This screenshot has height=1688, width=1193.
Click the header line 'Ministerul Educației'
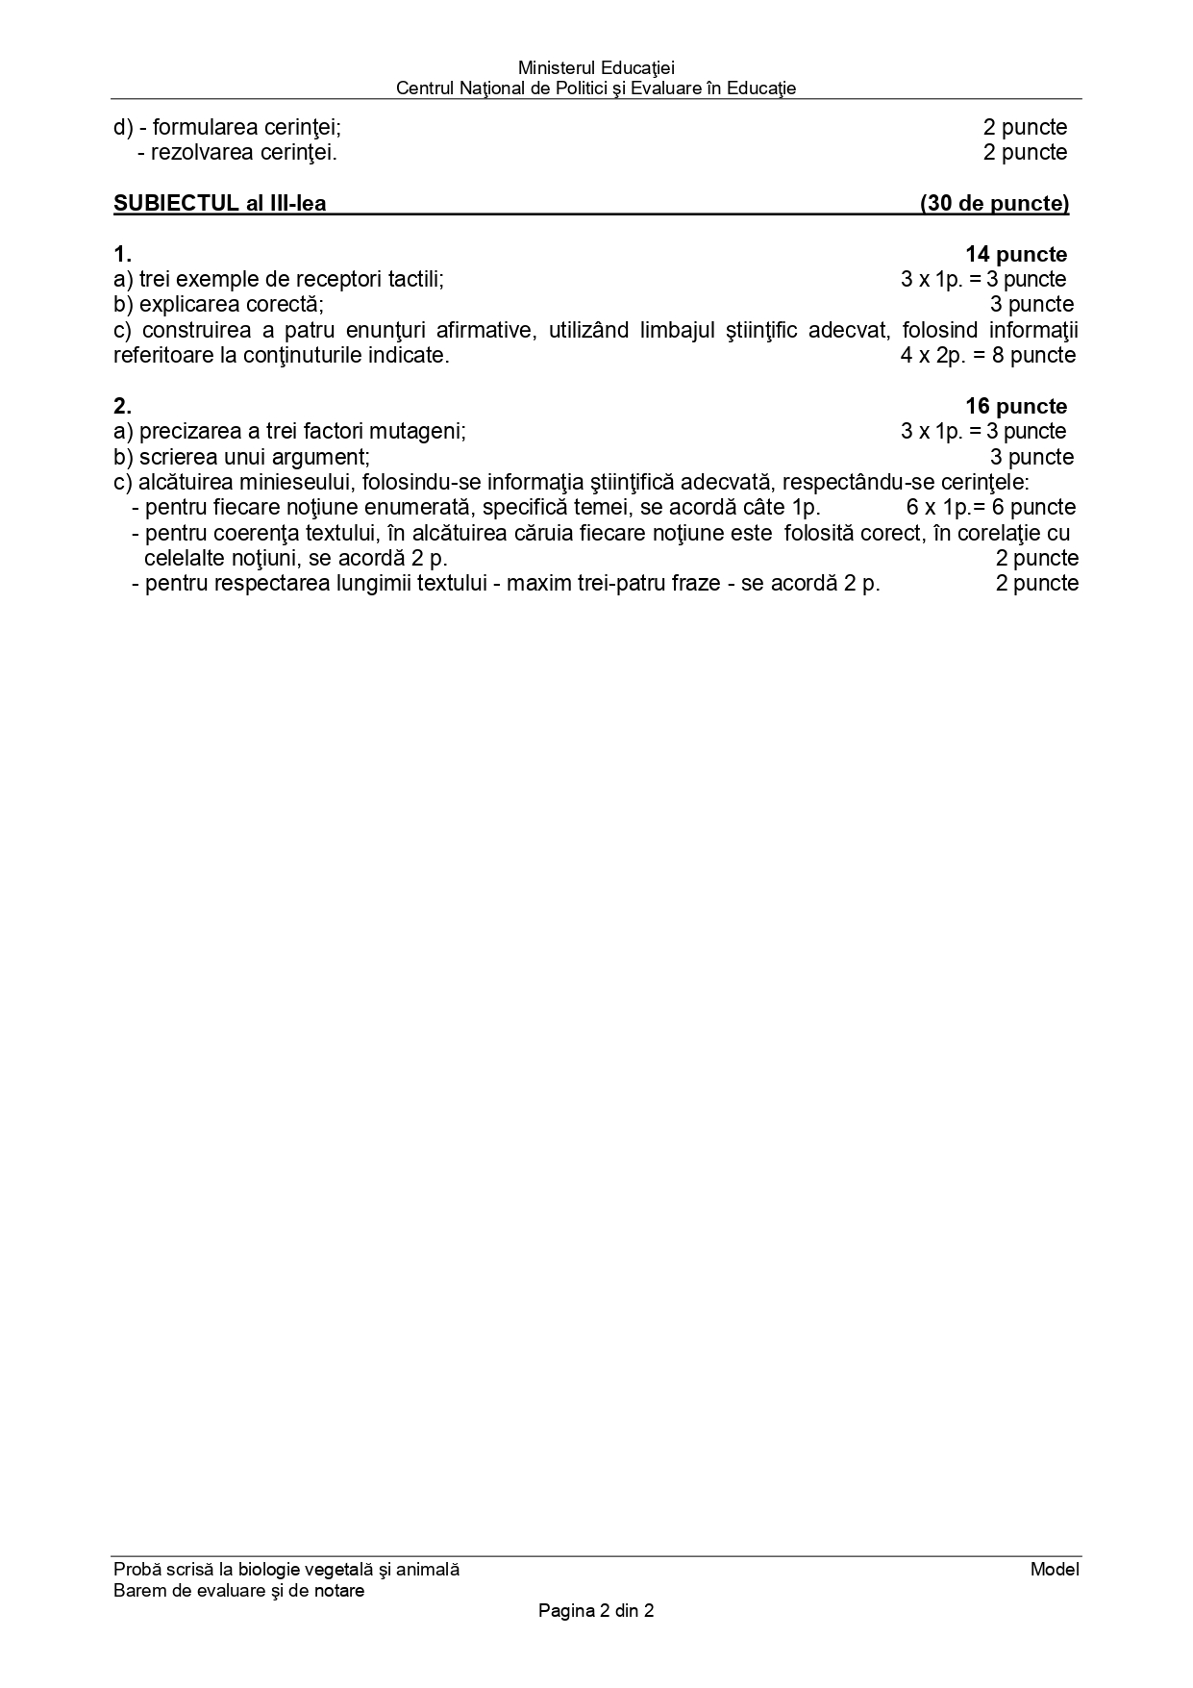tap(596, 68)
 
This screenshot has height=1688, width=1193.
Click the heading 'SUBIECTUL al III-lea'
tap(219, 203)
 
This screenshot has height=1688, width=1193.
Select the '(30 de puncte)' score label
tap(994, 203)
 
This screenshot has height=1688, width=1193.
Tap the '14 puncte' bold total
tap(1015, 255)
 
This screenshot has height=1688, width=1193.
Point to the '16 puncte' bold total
tap(1015, 407)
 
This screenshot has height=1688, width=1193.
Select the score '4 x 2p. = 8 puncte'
tap(987, 356)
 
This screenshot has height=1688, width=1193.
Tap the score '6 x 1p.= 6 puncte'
tap(990, 508)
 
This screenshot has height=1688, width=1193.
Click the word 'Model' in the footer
tap(1054, 1570)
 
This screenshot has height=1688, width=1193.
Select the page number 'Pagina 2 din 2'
tap(596, 1611)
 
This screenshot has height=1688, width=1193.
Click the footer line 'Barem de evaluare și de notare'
tap(238, 1591)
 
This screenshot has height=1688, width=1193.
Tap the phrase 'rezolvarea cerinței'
tap(243, 152)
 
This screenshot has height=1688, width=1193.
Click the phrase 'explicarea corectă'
tap(229, 305)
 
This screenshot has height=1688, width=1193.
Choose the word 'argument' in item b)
tap(325, 458)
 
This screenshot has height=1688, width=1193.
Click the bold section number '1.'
tap(122, 255)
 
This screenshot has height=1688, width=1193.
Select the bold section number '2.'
tap(122, 407)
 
